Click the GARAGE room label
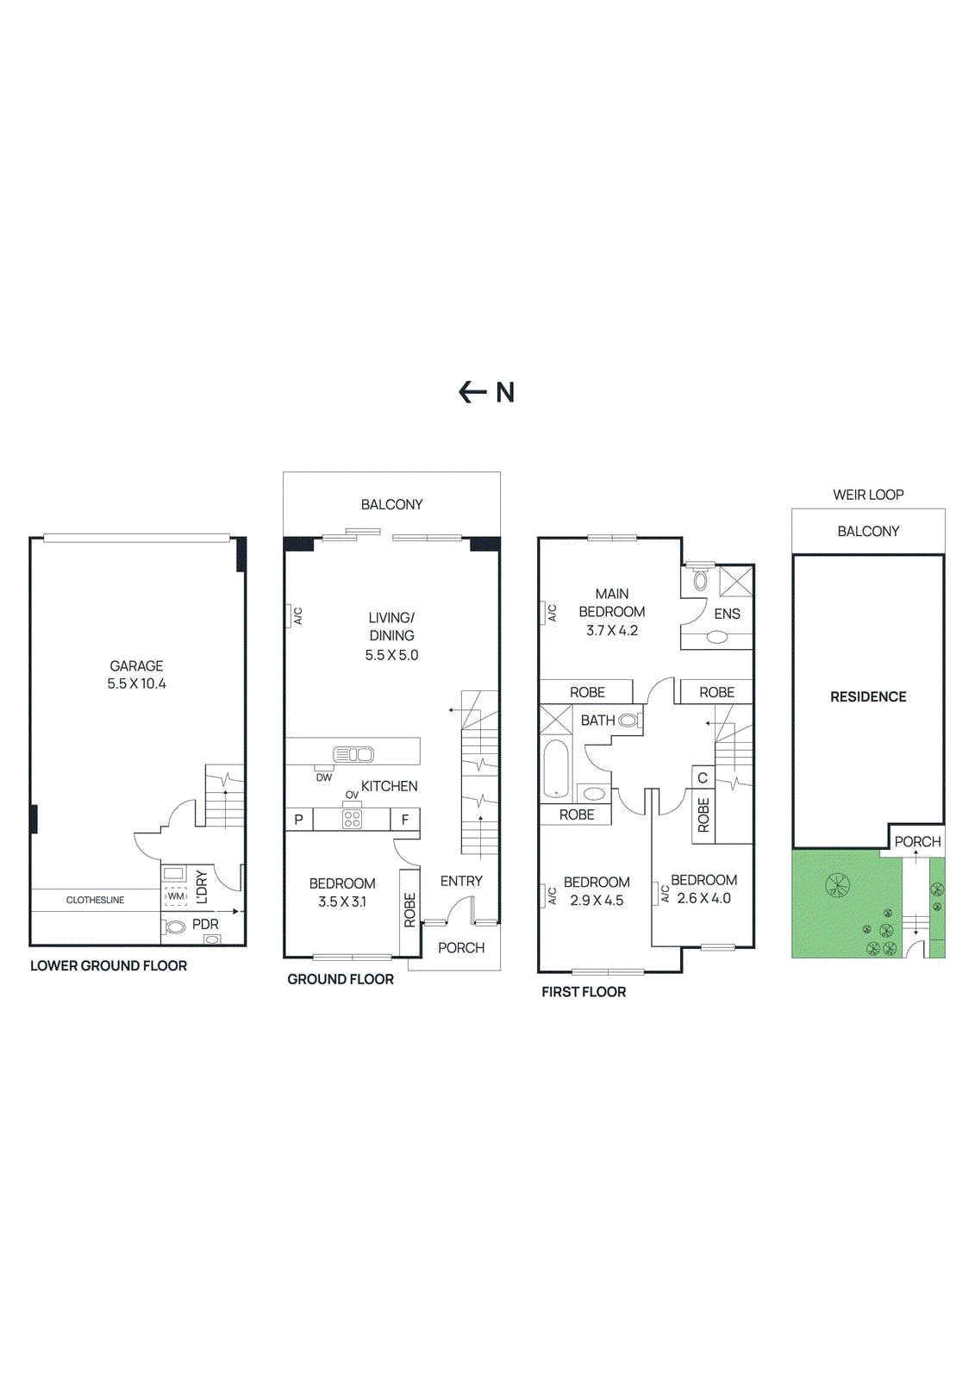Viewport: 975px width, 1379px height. [136, 665]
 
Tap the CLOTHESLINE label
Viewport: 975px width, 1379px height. [95, 900]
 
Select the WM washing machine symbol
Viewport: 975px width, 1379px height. [176, 896]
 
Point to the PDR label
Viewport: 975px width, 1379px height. [205, 924]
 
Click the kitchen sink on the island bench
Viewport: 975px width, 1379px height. [353, 755]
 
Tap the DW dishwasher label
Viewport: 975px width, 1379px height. [323, 777]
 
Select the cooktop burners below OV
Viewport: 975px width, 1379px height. [352, 819]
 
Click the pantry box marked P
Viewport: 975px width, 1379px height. [298, 820]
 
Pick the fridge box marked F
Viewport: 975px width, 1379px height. [405, 820]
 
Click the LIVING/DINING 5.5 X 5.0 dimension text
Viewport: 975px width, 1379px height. [391, 655]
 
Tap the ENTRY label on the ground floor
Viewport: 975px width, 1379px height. [461, 881]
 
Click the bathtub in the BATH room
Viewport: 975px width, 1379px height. [556, 769]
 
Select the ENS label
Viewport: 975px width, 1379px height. [727, 614]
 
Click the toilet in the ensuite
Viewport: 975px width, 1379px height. [700, 579]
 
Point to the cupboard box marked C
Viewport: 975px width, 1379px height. [703, 777]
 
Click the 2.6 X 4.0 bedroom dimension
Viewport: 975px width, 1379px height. [703, 898]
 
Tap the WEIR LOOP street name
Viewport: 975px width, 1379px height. [868, 495]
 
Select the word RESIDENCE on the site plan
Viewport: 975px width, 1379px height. [868, 696]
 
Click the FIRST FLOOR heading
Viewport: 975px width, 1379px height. [584, 992]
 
